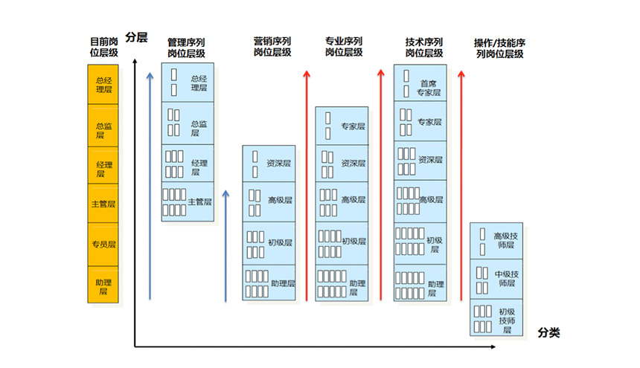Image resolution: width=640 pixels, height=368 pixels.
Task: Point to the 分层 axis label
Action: [x=136, y=37]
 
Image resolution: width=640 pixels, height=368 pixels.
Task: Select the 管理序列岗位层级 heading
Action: [x=186, y=48]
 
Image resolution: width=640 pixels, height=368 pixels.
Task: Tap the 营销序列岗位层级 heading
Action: [x=272, y=47]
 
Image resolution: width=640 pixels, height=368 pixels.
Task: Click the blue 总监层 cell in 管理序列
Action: [x=188, y=123]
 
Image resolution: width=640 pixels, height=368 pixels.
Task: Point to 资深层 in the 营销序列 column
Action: [x=269, y=164]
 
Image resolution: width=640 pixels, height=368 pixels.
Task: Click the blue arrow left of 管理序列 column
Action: [x=150, y=186]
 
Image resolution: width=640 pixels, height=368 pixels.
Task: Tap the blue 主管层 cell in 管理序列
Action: [x=188, y=201]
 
